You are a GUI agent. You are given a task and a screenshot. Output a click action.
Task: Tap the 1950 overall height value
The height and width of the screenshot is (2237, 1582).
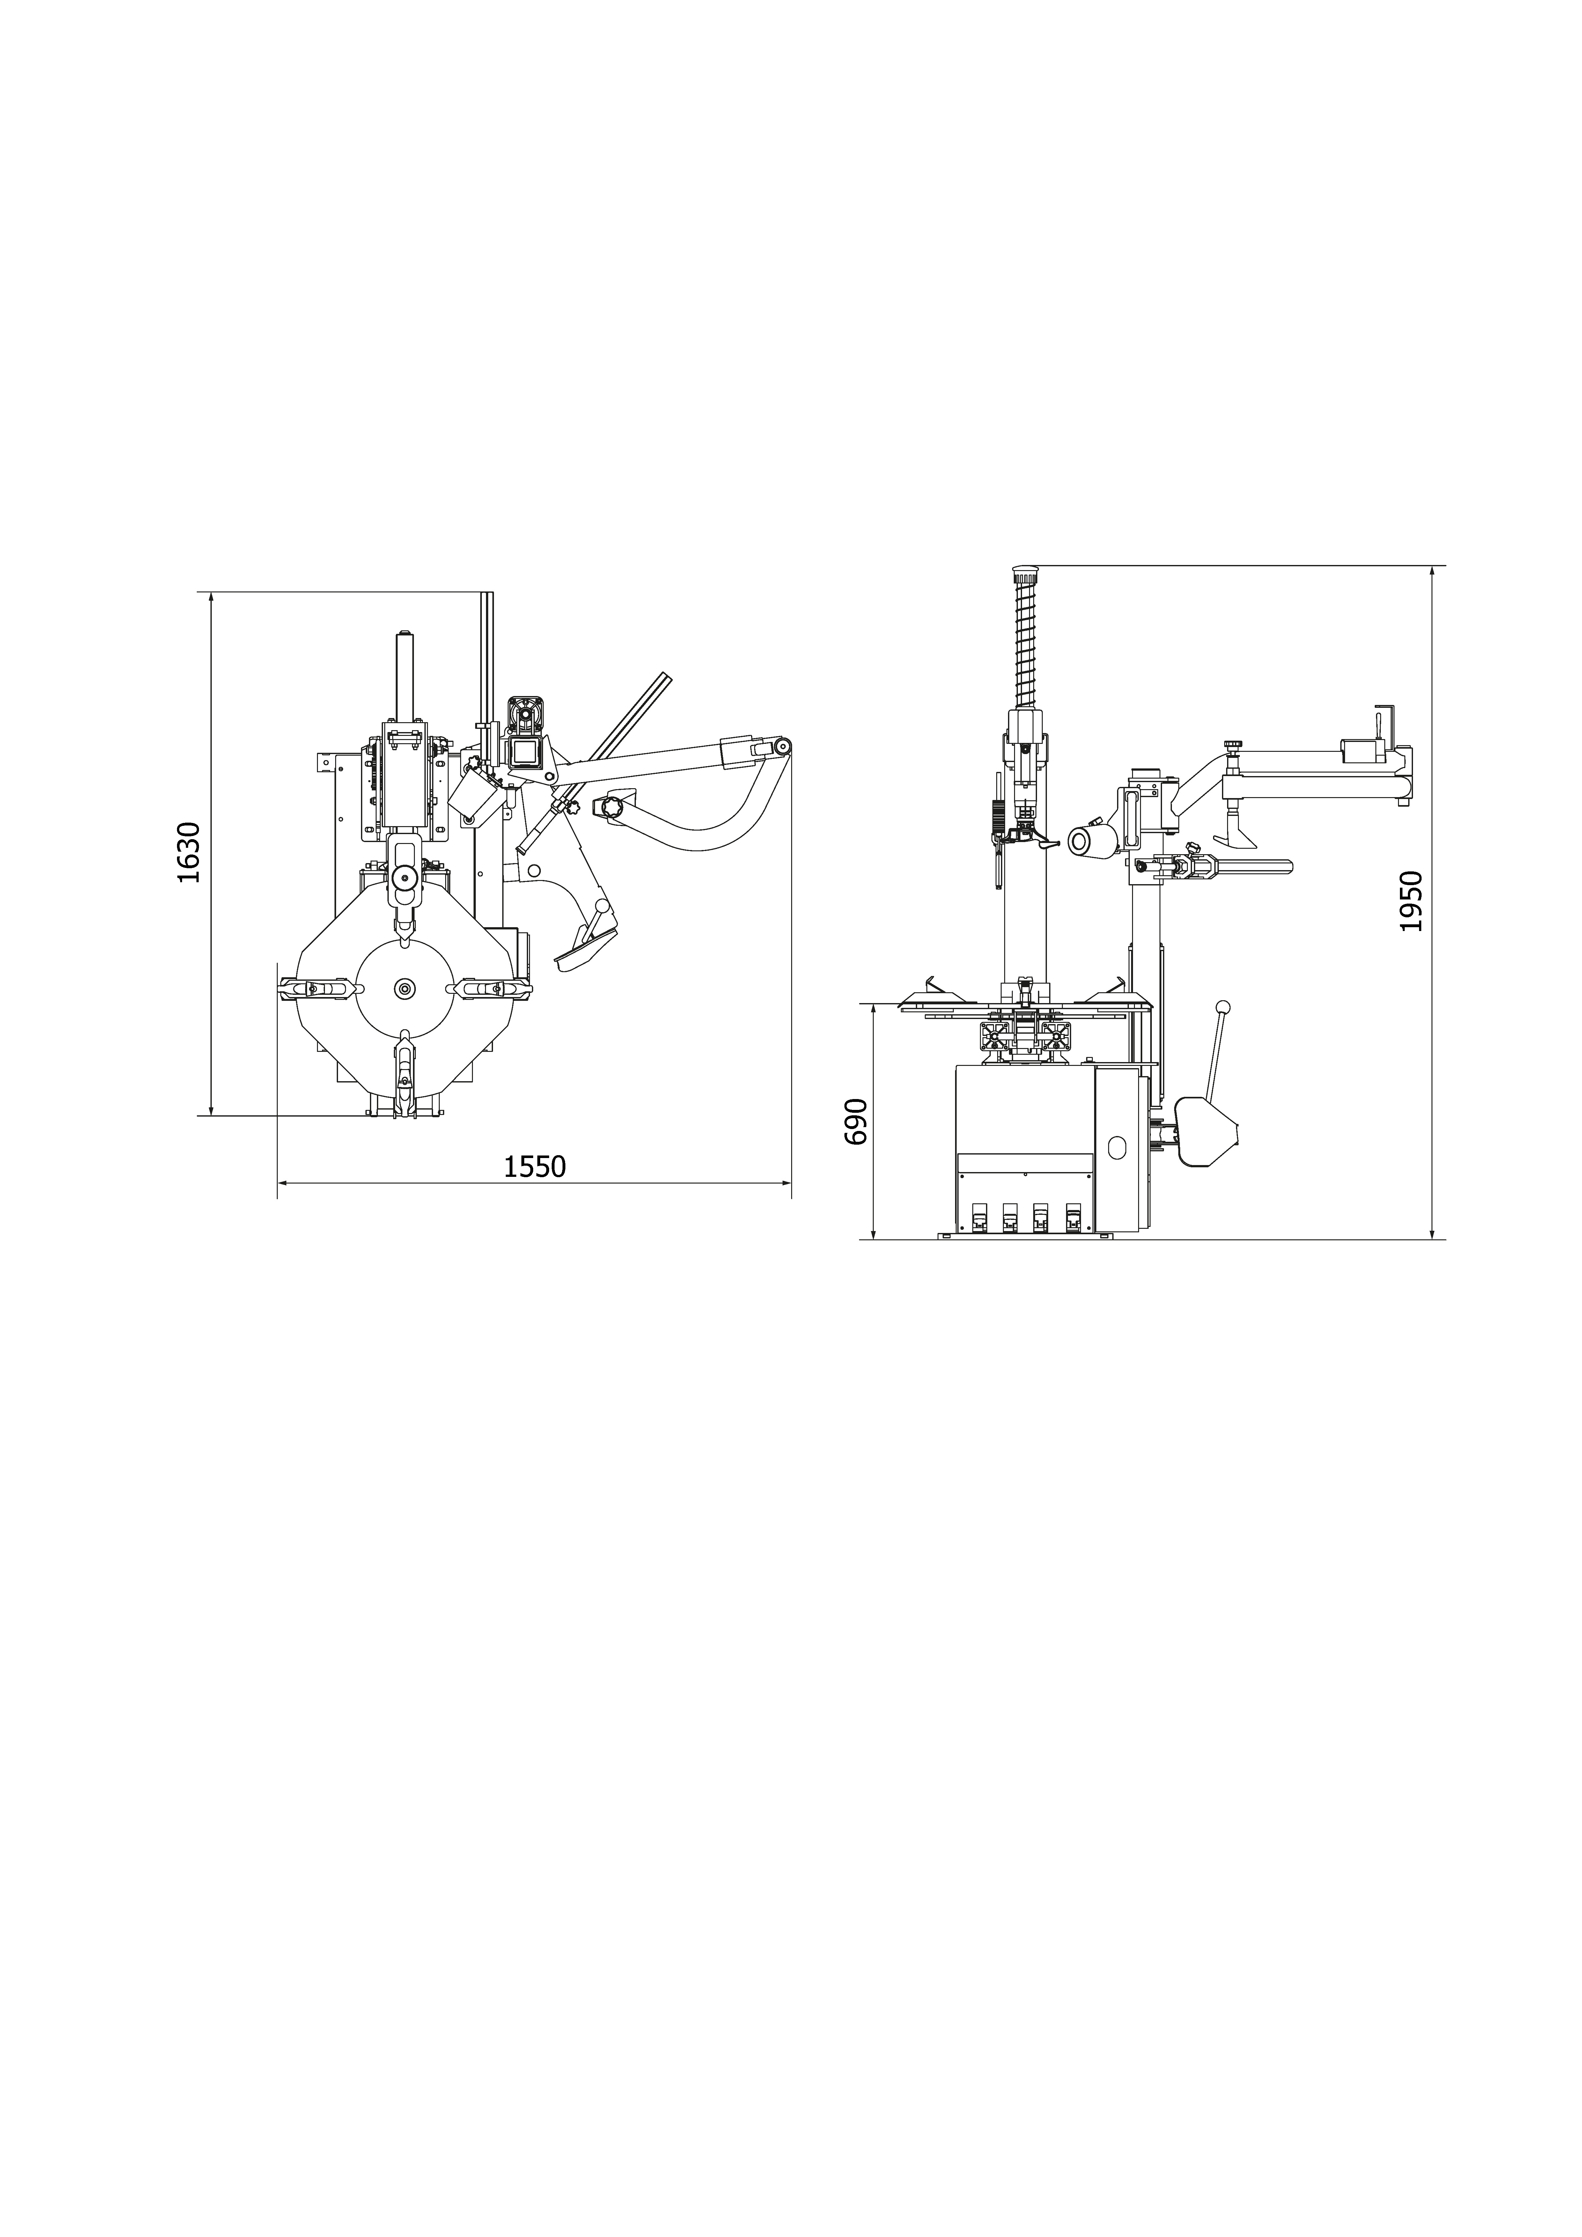pos(1410,901)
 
